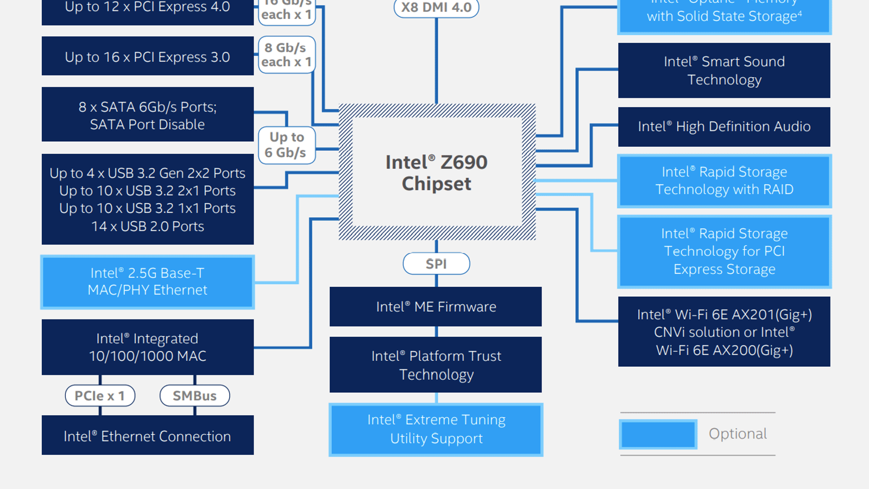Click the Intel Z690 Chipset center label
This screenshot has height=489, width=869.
click(437, 172)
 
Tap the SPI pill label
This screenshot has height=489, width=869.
click(436, 264)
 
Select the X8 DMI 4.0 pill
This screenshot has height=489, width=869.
click(436, 8)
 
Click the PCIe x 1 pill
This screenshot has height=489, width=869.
click(100, 396)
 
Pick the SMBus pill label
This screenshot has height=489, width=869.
click(194, 396)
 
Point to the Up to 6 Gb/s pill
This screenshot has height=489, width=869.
click(286, 145)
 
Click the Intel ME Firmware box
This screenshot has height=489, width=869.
click(436, 306)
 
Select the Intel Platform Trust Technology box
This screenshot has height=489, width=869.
click(436, 365)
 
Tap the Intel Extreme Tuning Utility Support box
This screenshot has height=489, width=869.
click(436, 429)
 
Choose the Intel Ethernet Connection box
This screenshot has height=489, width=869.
click(147, 436)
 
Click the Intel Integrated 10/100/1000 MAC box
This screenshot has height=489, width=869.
click(147, 347)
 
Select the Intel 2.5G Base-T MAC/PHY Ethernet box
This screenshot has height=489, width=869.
click(147, 282)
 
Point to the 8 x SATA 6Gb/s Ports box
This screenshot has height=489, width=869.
click(147, 115)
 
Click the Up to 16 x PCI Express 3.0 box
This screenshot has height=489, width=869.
click(147, 57)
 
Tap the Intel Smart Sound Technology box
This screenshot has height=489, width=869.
click(724, 71)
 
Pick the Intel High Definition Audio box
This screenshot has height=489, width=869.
click(724, 127)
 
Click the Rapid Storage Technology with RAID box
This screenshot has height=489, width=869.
click(724, 180)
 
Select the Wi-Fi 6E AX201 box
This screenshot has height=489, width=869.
click(724, 332)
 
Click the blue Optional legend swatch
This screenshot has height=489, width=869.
click(658, 434)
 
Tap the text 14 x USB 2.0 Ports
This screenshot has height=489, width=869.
click(147, 227)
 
